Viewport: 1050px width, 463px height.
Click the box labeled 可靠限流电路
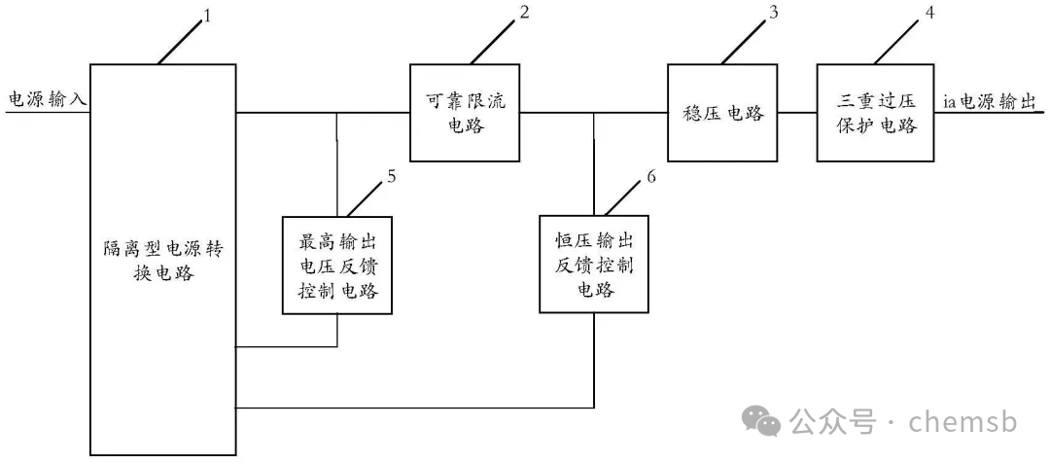click(x=465, y=113)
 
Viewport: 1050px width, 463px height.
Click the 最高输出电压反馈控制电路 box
click(x=337, y=265)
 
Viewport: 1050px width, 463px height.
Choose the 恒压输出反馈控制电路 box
click(x=596, y=265)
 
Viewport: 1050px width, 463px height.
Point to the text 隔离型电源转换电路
click(x=163, y=263)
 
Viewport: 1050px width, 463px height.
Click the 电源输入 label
click(x=47, y=99)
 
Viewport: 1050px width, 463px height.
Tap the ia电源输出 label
click(x=993, y=100)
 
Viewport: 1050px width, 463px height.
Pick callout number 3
click(x=774, y=13)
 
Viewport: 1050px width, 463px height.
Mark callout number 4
click(x=930, y=13)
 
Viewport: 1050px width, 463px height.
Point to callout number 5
click(x=391, y=176)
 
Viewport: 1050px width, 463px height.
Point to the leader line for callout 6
click(x=622, y=198)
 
